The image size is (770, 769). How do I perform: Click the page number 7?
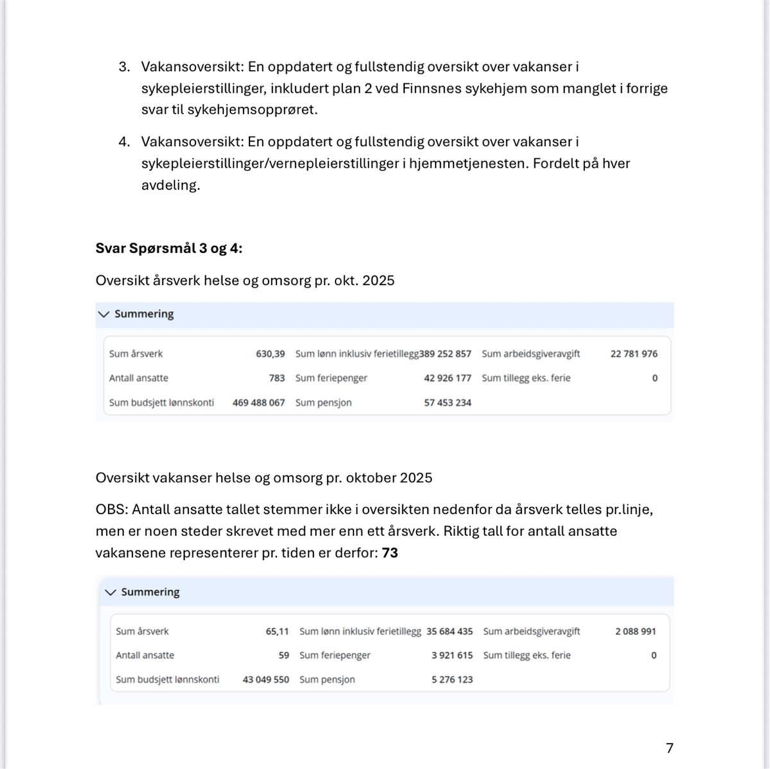[x=669, y=748]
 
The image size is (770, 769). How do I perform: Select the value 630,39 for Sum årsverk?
[x=270, y=353]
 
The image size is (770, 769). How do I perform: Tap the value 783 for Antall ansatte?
[x=277, y=378]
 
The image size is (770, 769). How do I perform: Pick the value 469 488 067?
[x=259, y=402]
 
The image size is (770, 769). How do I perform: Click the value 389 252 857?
[x=445, y=353]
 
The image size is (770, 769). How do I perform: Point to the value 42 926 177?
[x=447, y=378]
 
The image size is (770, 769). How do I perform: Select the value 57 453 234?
[x=447, y=402]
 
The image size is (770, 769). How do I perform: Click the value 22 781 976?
[x=633, y=353]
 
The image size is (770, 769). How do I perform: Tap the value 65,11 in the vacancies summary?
[x=277, y=631]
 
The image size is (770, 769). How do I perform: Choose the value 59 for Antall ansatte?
[x=284, y=655]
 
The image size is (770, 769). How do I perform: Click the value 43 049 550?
[x=266, y=679]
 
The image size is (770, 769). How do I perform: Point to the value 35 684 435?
[x=449, y=631]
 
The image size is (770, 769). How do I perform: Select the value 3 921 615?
[x=452, y=655]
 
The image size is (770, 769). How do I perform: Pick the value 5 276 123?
[x=452, y=679]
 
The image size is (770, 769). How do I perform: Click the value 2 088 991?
[x=635, y=631]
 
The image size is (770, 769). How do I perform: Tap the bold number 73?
[x=389, y=552]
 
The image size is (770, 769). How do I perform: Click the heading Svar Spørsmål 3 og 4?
[x=169, y=248]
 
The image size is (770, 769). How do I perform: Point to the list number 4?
[x=124, y=142]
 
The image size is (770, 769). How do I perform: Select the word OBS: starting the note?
[x=112, y=509]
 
